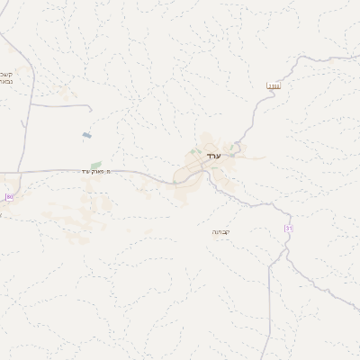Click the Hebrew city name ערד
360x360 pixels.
click(212, 157)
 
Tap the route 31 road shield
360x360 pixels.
click(288, 229)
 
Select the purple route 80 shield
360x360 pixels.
click(9, 196)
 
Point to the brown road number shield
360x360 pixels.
click(274, 86)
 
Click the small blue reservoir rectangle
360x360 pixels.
click(86, 136)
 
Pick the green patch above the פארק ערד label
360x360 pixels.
click(95, 165)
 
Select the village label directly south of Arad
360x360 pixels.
click(220, 231)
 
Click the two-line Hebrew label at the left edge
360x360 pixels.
click(5, 77)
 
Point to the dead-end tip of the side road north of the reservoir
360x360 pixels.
click(91, 109)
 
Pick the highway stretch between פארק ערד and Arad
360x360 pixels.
click(144, 173)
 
